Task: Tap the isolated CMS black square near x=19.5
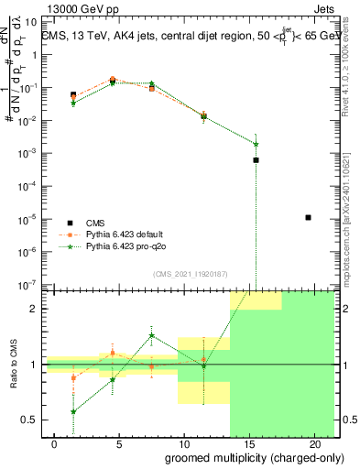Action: [308, 217]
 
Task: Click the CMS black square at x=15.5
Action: [256, 159]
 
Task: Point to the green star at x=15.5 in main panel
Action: [256, 144]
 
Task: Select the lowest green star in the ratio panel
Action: [73, 412]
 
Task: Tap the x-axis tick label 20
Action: [312, 444]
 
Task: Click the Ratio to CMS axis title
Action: [13, 366]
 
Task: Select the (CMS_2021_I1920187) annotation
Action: [189, 274]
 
